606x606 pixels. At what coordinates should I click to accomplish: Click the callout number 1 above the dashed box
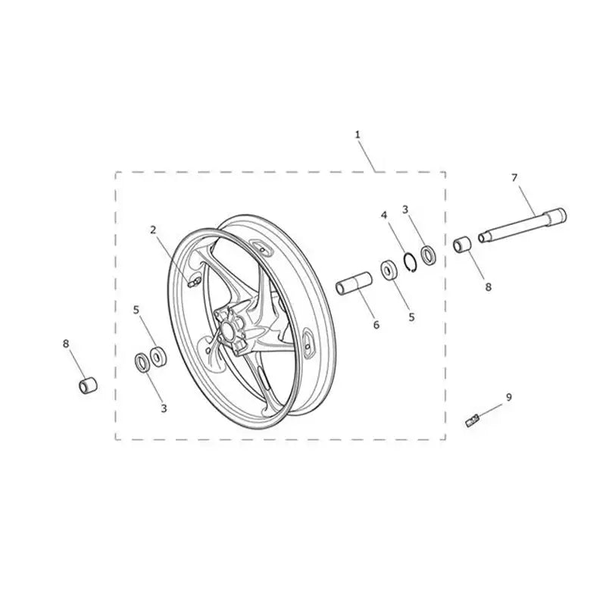(358, 134)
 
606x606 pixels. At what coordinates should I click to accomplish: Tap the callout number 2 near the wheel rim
(153, 229)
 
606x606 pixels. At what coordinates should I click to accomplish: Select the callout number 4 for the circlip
(384, 216)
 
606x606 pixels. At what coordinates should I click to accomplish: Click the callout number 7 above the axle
(514, 177)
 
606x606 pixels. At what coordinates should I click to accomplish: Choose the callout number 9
(509, 395)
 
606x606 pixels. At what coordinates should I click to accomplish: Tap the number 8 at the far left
(66, 344)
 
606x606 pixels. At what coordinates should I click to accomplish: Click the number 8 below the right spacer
(488, 287)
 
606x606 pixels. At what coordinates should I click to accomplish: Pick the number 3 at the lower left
(164, 408)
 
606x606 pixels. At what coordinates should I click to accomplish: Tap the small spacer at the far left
(88, 385)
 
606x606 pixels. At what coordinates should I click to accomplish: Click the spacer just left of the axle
(461, 245)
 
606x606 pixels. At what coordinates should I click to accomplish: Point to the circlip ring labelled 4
(409, 262)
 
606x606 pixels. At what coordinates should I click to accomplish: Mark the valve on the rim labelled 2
(192, 283)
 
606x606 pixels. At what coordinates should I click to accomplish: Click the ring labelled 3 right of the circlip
(428, 255)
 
